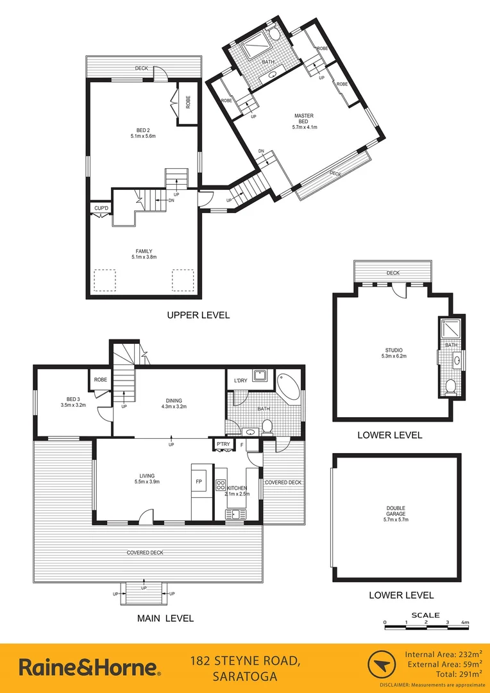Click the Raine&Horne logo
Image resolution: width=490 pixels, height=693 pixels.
[90, 667]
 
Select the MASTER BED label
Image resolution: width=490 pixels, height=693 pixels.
[304, 121]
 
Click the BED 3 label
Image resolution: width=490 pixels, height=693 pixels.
[72, 402]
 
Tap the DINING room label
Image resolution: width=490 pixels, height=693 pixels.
[171, 402]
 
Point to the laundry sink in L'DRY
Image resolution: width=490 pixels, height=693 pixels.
[261, 375]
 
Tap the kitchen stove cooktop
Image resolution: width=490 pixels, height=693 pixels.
[220, 486]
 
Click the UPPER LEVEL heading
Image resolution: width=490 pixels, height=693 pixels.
[198, 315]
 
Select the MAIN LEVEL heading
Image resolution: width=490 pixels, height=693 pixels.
[165, 619]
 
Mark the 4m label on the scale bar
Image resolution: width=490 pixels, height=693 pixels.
[466, 622]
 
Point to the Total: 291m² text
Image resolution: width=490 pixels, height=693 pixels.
[450, 674]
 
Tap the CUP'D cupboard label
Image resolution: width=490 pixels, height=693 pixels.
[101, 209]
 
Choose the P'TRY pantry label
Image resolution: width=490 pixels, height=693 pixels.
[222, 443]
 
